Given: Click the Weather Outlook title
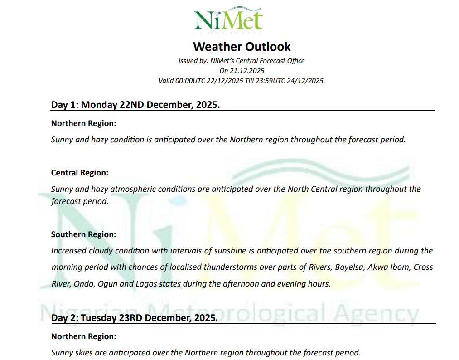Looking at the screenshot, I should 242,47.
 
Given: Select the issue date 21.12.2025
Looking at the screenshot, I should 249,71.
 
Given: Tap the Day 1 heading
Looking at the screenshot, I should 135,105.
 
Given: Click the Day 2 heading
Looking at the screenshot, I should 134,318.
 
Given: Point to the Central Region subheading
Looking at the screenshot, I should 80,173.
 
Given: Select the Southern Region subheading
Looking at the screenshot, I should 83,234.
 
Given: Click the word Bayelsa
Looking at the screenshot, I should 349,267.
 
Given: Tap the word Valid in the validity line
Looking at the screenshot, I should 166,81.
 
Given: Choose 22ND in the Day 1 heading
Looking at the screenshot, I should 132,105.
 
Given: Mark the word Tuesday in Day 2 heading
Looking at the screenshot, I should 99,318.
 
